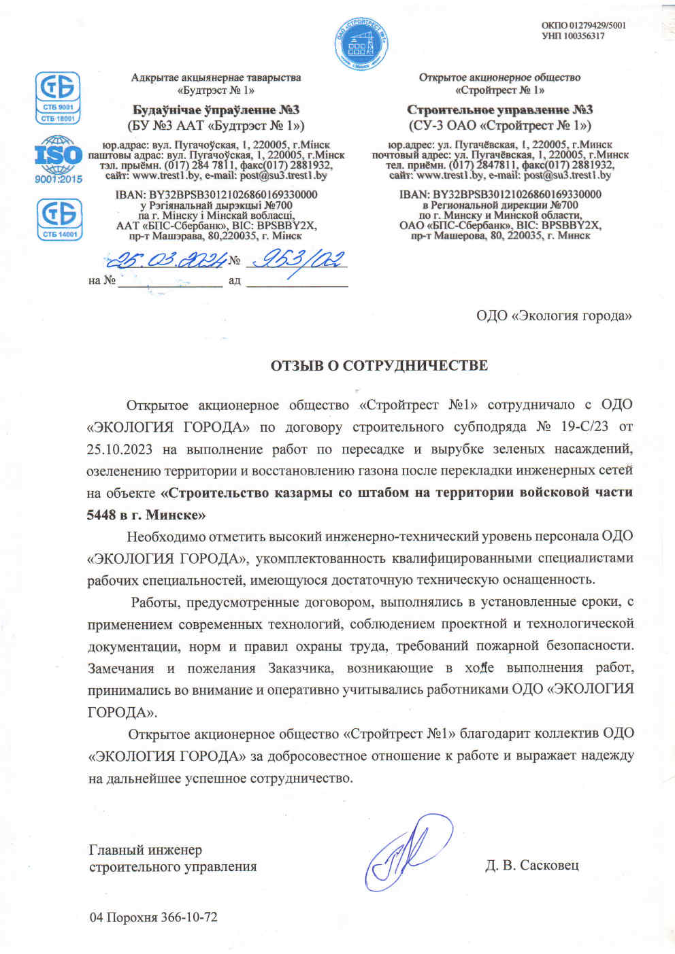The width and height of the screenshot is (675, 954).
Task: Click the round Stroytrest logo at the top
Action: tap(361, 42)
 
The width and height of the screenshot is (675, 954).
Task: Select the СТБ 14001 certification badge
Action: tap(59, 219)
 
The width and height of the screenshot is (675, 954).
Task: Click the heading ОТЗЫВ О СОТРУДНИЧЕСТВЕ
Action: tap(379, 366)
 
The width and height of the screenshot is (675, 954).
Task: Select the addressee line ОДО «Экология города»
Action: tap(553, 316)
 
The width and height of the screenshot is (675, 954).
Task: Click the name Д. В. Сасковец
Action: tap(531, 866)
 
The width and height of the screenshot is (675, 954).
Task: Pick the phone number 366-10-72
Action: tap(189, 917)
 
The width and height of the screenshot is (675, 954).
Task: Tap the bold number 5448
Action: tap(101, 515)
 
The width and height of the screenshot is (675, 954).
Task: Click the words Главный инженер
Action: tap(145, 850)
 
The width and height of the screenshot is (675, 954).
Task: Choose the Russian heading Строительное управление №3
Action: tap(499, 110)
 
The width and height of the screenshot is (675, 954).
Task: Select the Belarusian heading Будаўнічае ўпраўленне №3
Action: tap(216, 110)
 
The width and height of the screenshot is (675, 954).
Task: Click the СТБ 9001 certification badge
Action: tap(59, 98)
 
